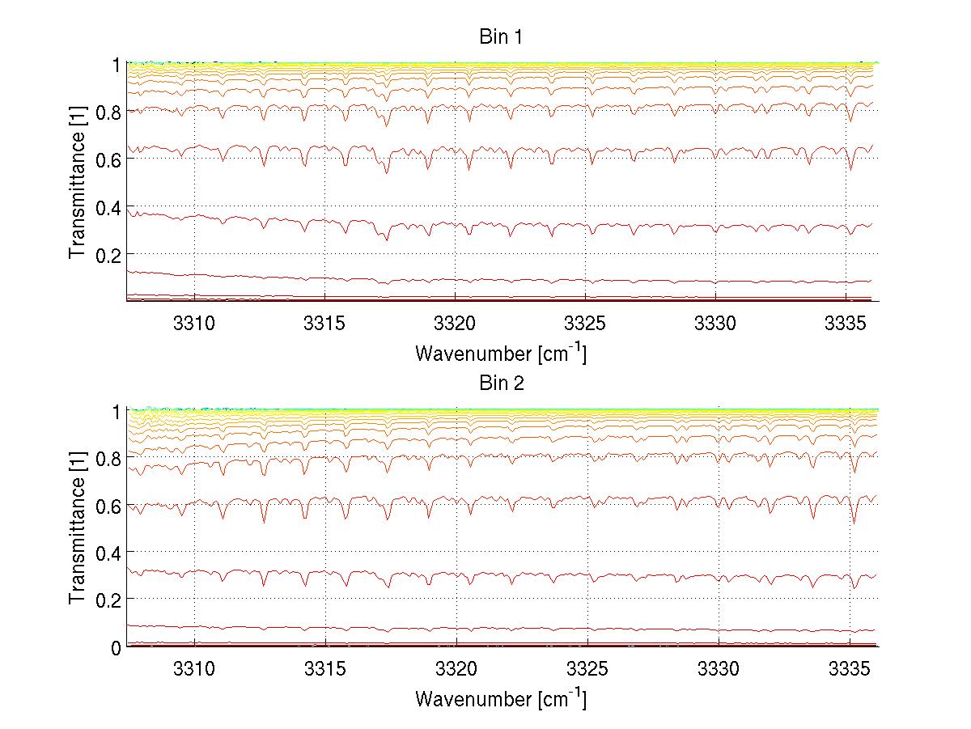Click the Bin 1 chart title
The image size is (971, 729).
tap(502, 37)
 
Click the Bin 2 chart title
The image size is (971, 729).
tap(502, 383)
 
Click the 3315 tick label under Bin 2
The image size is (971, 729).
tap(325, 669)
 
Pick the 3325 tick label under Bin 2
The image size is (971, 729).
tap(587, 669)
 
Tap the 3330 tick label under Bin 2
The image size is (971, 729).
tap(718, 669)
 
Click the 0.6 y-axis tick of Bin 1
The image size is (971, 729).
tap(108, 159)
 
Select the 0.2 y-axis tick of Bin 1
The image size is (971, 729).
tap(108, 254)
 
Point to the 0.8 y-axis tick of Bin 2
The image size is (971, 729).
tap(108, 458)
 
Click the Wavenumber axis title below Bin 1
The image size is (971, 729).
tap(501, 353)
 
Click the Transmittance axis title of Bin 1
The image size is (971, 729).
tap(77, 182)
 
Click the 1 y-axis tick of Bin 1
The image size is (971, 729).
tap(117, 65)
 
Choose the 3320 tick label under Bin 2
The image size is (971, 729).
tap(456, 669)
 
